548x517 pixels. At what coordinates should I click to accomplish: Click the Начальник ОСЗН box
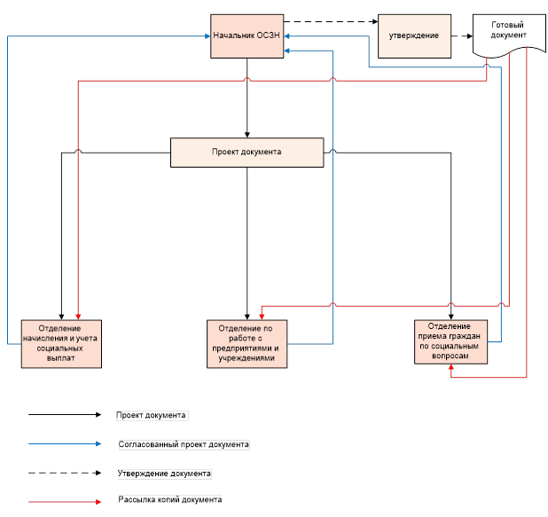(x=247, y=36)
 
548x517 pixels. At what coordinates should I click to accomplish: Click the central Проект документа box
(x=247, y=152)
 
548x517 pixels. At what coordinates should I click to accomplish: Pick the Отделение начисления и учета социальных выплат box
(x=62, y=342)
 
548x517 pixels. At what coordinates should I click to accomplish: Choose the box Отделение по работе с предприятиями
(x=247, y=342)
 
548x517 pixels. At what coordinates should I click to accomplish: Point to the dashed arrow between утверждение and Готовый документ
(x=456, y=36)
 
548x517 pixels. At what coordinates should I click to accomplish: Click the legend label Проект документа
(x=152, y=414)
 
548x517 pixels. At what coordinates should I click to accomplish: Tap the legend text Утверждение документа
(x=164, y=473)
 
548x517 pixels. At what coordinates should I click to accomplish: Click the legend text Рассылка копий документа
(x=169, y=501)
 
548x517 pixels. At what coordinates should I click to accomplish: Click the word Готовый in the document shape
(x=507, y=25)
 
